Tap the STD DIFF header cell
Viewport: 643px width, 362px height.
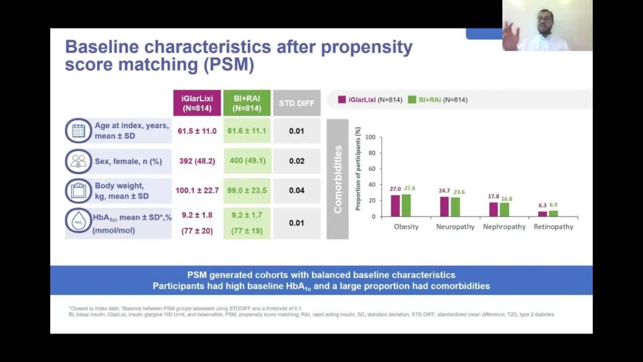297,104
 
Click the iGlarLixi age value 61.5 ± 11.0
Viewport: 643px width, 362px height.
197,131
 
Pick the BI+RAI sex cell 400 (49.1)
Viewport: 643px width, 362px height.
247,161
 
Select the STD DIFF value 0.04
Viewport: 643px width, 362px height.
297,190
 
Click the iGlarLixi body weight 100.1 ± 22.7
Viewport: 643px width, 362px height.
197,190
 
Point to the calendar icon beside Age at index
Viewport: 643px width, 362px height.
79,131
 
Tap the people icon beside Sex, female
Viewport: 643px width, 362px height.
79,161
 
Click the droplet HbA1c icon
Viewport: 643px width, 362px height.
79,221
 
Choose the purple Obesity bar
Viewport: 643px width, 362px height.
395,206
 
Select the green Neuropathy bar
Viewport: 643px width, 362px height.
455,207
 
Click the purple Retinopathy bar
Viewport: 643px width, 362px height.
543,214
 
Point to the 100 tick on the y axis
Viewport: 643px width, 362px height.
371,137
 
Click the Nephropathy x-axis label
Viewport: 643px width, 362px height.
504,227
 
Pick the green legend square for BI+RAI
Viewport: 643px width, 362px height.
412,100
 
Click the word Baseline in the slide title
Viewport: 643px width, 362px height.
102,47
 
